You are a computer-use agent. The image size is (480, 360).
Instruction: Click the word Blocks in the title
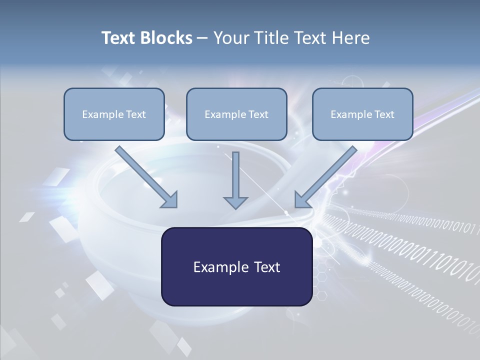168,38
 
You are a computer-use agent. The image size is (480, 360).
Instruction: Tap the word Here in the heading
351,38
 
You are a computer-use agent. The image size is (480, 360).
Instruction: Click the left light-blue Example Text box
114,114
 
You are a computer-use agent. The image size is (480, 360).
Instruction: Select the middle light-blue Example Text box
236,114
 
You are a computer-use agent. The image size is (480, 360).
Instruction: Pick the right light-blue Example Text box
362,114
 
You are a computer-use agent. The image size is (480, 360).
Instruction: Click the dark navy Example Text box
236,266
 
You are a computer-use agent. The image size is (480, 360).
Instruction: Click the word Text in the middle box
258,114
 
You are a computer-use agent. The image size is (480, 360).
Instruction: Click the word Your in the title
230,38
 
